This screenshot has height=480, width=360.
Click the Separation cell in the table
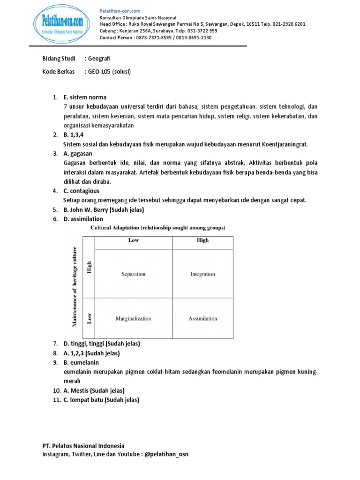[134, 274]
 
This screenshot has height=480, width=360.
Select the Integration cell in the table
[202, 274]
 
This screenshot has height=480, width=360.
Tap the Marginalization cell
[134, 318]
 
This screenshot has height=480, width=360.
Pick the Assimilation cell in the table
[202, 318]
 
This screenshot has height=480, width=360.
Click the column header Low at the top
[134, 240]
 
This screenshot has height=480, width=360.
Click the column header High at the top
[202, 240]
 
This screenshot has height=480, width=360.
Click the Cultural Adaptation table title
[157, 228]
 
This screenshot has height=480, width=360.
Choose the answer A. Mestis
[78, 390]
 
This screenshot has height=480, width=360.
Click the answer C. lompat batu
[84, 400]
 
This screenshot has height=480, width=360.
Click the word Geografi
[99, 58]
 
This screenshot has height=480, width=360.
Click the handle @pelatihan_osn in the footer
[166, 454]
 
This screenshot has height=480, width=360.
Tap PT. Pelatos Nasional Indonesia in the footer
[83, 446]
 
